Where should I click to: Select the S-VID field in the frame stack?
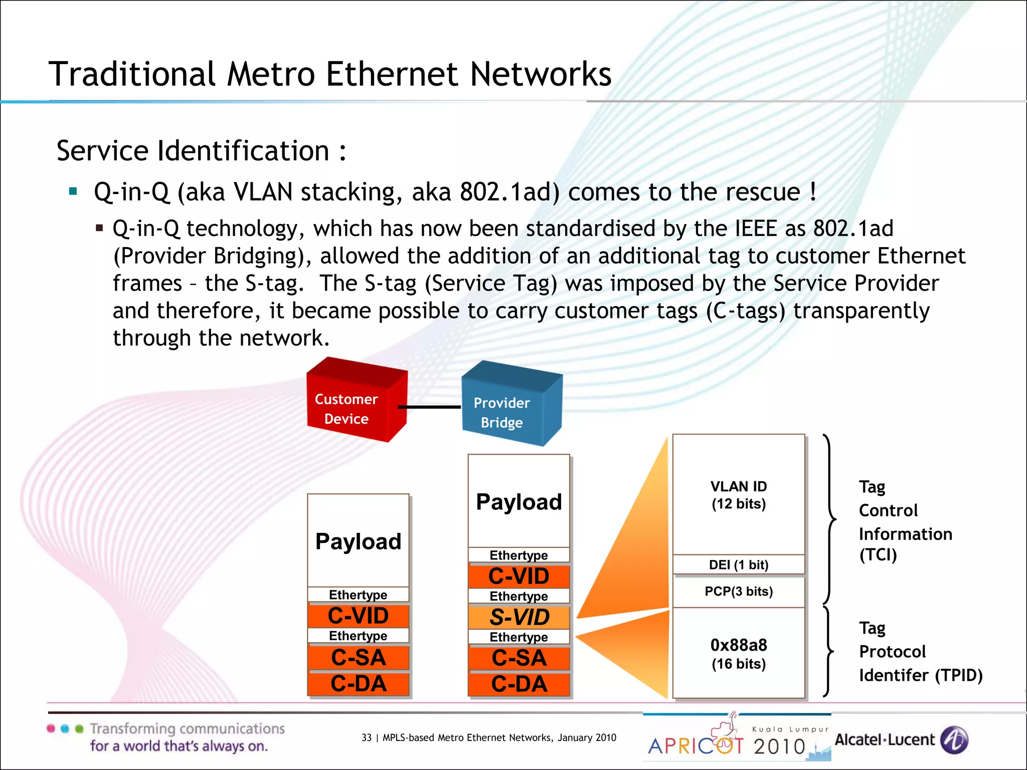pyautogui.click(x=519, y=617)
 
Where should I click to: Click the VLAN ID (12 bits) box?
pyautogui.click(x=738, y=495)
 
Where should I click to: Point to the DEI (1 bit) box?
pyautogui.click(x=738, y=565)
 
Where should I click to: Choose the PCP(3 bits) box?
pyautogui.click(x=738, y=592)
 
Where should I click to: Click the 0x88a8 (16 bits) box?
pyautogui.click(x=738, y=653)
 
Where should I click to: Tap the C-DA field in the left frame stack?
pyautogui.click(x=359, y=684)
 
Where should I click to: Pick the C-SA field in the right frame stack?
pyautogui.click(x=519, y=658)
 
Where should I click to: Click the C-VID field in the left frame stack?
pyautogui.click(x=359, y=616)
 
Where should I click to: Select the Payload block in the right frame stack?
pyautogui.click(x=519, y=501)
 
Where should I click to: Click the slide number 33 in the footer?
pyautogui.click(x=367, y=737)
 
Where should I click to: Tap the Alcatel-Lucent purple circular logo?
pyautogui.click(x=954, y=740)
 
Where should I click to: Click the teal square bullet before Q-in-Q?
pyautogui.click(x=73, y=191)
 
